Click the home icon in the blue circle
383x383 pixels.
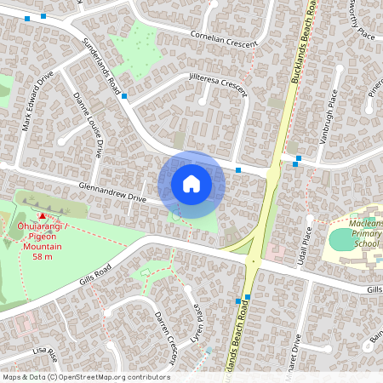click(x=191, y=184)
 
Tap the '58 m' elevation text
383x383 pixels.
click(x=43, y=256)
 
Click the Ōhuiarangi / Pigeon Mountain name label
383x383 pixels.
click(x=43, y=235)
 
